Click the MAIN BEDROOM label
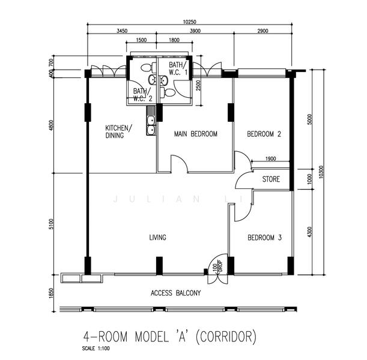pyautogui.click(x=196, y=134)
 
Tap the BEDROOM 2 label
pyautogui.click(x=264, y=134)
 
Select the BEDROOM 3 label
pyautogui.click(x=264, y=238)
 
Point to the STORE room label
pyautogui.click(x=271, y=179)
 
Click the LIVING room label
pyautogui.click(x=158, y=238)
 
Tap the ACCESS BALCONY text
pyautogui.click(x=176, y=293)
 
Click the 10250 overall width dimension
pyautogui.click(x=189, y=22)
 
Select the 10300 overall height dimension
pyautogui.click(x=321, y=172)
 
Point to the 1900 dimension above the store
pyautogui.click(x=270, y=159)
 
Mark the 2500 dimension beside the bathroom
pyautogui.click(x=198, y=86)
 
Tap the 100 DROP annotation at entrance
pyautogui.click(x=217, y=266)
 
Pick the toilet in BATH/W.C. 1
pyautogui.click(x=168, y=92)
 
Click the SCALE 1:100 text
pyautogui.click(x=96, y=349)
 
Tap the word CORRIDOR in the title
pyautogui.click(x=226, y=337)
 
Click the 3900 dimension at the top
pyautogui.click(x=195, y=31)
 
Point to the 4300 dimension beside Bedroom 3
pyautogui.click(x=309, y=232)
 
